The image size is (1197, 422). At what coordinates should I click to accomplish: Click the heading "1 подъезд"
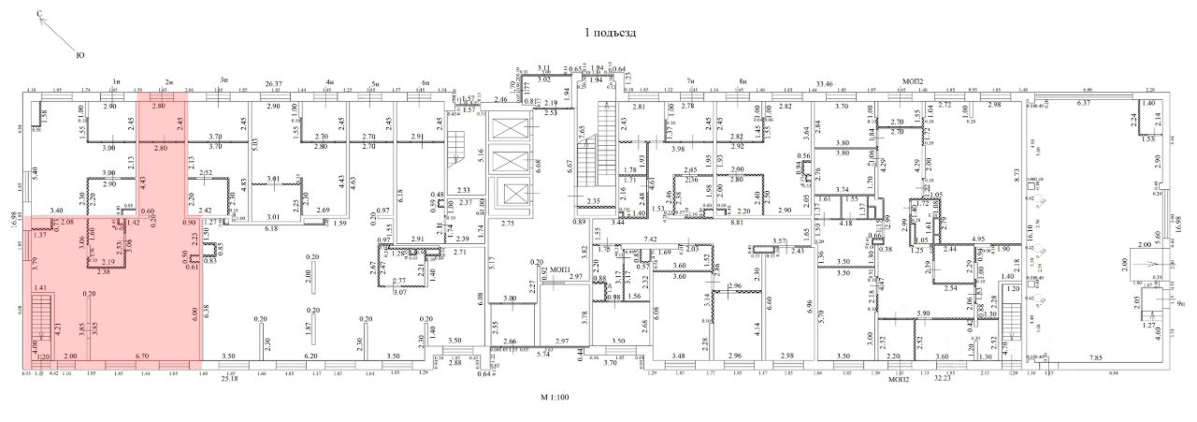tap(610, 32)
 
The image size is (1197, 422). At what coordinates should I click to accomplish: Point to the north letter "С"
tap(39, 14)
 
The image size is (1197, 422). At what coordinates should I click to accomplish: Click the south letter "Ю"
tap(79, 56)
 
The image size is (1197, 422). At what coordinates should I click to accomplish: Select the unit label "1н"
tap(116, 82)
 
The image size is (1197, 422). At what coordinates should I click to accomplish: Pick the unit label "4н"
tap(330, 82)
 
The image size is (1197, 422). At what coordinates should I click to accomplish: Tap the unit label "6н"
tap(425, 82)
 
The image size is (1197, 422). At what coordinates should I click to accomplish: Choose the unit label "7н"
tap(690, 82)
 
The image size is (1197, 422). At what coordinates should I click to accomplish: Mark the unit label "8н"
tap(743, 82)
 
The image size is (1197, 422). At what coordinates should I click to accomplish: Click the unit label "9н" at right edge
tap(1181, 303)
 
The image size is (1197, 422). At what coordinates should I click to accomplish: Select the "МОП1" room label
tap(561, 269)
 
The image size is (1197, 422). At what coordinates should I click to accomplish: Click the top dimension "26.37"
tap(274, 82)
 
